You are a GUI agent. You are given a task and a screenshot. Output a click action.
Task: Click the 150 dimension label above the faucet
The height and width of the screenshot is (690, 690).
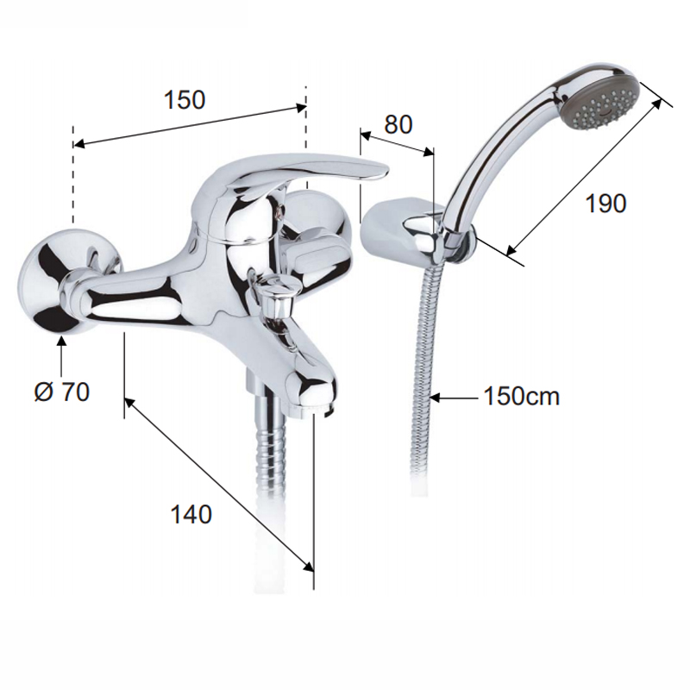(x=185, y=100)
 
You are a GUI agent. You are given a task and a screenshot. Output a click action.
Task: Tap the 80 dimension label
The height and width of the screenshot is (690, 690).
(x=398, y=124)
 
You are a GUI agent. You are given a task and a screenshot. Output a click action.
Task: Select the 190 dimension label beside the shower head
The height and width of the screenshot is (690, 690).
(x=605, y=204)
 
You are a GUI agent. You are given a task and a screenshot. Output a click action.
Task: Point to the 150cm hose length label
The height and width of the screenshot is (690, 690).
(x=522, y=397)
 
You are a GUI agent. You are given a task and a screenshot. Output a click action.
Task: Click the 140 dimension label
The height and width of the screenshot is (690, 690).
(x=191, y=514)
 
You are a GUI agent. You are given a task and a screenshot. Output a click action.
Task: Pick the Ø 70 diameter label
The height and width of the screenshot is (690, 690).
(x=62, y=392)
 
